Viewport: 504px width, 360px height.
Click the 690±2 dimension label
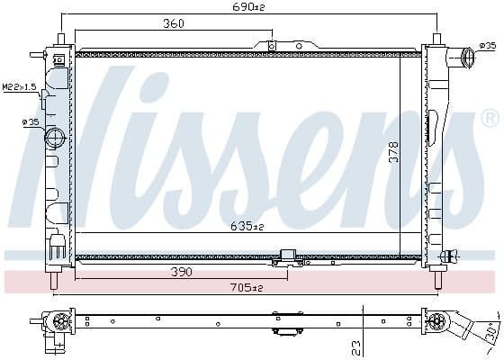point(251,8)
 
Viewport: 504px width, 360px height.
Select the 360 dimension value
point(173,24)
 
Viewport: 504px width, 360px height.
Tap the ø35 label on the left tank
point(29,121)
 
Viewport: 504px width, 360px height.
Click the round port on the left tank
point(54,139)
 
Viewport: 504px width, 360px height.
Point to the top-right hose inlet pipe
point(467,58)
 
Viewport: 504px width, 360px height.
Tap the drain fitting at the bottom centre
point(288,259)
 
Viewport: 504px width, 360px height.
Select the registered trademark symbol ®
point(490,118)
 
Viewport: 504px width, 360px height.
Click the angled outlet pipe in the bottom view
point(464,324)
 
